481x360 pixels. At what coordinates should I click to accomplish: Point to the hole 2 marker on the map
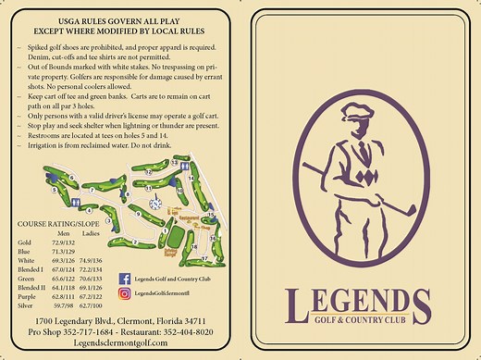click(x=135, y=243)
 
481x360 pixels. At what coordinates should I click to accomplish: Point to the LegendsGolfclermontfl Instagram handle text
click(x=166, y=294)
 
